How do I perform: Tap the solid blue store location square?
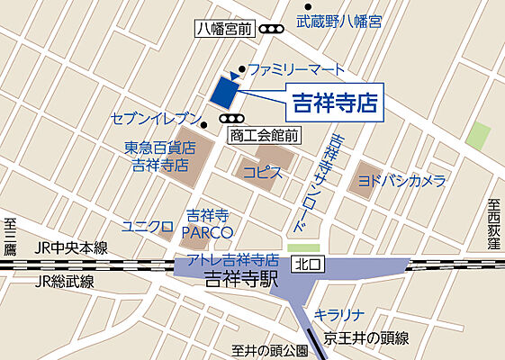tap(223, 90)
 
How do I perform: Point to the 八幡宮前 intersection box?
tap(224, 30)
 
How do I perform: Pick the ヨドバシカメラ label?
tap(401, 181)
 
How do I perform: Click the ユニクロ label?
tap(147, 225)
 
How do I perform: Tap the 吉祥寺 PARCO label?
tap(209, 224)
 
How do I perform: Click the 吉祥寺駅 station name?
tap(241, 279)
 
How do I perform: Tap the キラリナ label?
tap(338, 315)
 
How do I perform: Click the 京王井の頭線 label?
tap(367, 338)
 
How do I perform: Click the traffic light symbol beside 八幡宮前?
tap(269, 30)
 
